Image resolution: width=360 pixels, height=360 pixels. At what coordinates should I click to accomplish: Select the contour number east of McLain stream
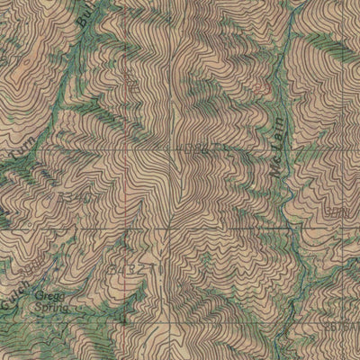coord(337,211)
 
